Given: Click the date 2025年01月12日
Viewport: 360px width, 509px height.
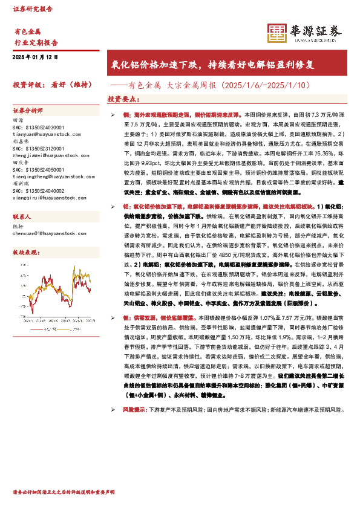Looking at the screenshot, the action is (x=35, y=57).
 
